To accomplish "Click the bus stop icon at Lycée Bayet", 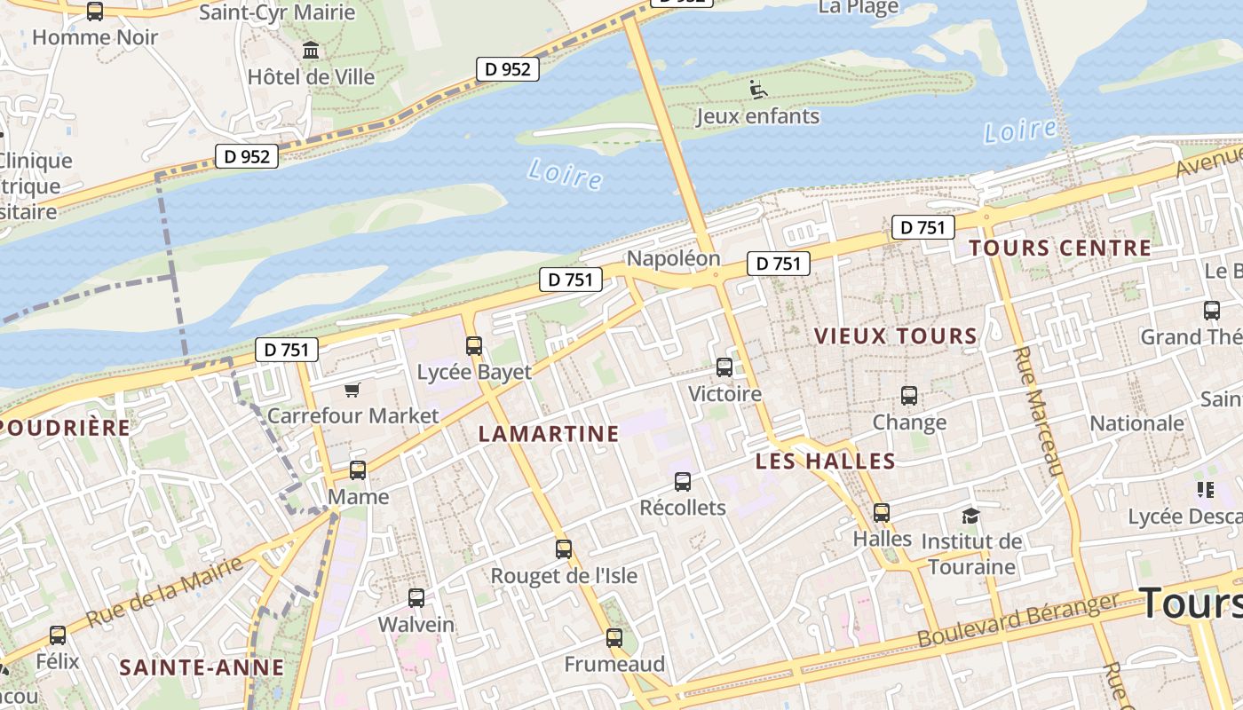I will pos(474,345).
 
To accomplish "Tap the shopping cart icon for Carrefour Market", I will pos(352,390).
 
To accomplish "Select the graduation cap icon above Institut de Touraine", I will pos(970,516).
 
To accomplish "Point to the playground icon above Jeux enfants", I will pos(757,89).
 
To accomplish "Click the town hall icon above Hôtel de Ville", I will pos(311,51).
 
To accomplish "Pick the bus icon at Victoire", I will pos(724,367).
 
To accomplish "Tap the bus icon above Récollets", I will pos(682,481).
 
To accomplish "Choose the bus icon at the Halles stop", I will pos(881,512).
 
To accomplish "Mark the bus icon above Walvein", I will pos(416,597).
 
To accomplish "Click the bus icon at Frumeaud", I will pos(614,637).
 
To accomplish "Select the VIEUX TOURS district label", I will pos(896,336).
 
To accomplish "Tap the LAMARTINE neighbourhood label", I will pos(549,434).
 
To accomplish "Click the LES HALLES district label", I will pos(825,461).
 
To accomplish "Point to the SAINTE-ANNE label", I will pos(202,667).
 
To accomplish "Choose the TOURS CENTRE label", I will pos(1060,248).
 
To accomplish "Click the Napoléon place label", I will pos(673,258).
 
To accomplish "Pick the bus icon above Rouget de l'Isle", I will pos(564,548).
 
